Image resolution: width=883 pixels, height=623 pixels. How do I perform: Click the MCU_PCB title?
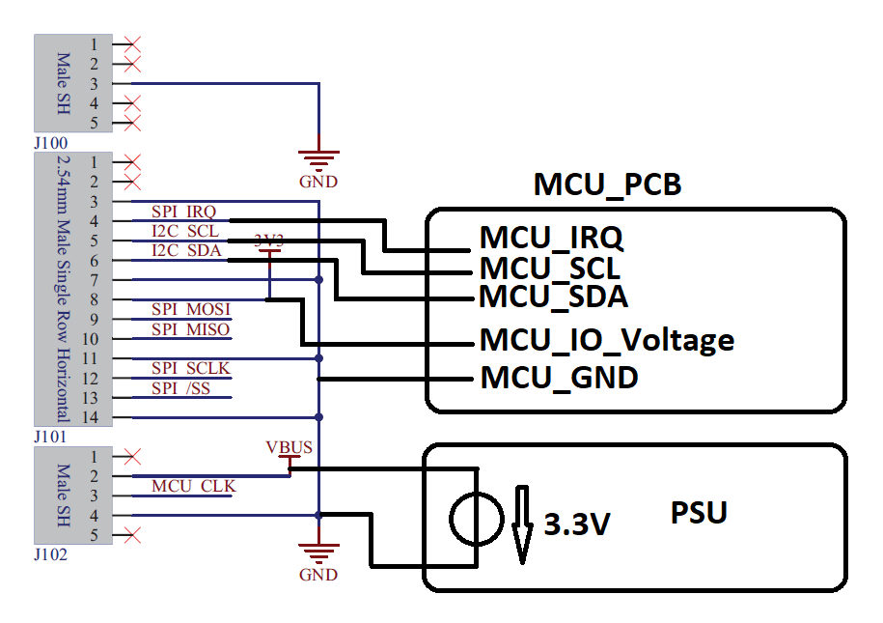pyautogui.click(x=607, y=184)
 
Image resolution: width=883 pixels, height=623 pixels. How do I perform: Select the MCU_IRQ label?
pyautogui.click(x=551, y=238)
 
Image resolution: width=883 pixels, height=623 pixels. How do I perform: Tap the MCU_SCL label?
pyautogui.click(x=550, y=268)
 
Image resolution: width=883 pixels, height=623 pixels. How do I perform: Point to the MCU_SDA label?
pyautogui.click(x=553, y=297)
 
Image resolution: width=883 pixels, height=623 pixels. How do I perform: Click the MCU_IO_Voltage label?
pyautogui.click(x=607, y=340)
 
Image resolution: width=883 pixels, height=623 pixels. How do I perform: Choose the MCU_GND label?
pyautogui.click(x=559, y=378)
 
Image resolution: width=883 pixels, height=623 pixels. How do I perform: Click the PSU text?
pyautogui.click(x=699, y=513)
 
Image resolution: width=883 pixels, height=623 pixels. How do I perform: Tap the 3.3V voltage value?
pyautogui.click(x=577, y=524)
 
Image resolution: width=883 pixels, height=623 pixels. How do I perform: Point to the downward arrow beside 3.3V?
pyautogui.click(x=522, y=524)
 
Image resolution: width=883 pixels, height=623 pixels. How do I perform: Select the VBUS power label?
pyautogui.click(x=289, y=447)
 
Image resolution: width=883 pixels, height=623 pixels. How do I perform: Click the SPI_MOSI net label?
pyautogui.click(x=191, y=309)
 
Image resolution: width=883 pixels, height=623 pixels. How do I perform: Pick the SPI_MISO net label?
pyautogui.click(x=190, y=329)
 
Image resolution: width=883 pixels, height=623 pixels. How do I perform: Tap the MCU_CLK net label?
pyautogui.click(x=193, y=486)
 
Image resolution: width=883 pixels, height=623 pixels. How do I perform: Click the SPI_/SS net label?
pyautogui.click(x=180, y=388)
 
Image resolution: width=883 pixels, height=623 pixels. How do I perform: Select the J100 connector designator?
pyautogui.click(x=51, y=143)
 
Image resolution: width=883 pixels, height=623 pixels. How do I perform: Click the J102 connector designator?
pyautogui.click(x=51, y=554)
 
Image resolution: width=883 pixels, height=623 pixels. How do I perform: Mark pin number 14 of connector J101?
pyautogui.click(x=90, y=417)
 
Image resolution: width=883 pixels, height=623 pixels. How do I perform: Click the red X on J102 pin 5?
pyautogui.click(x=132, y=535)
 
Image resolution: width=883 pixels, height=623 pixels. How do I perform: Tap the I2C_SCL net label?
pyautogui.click(x=185, y=231)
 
